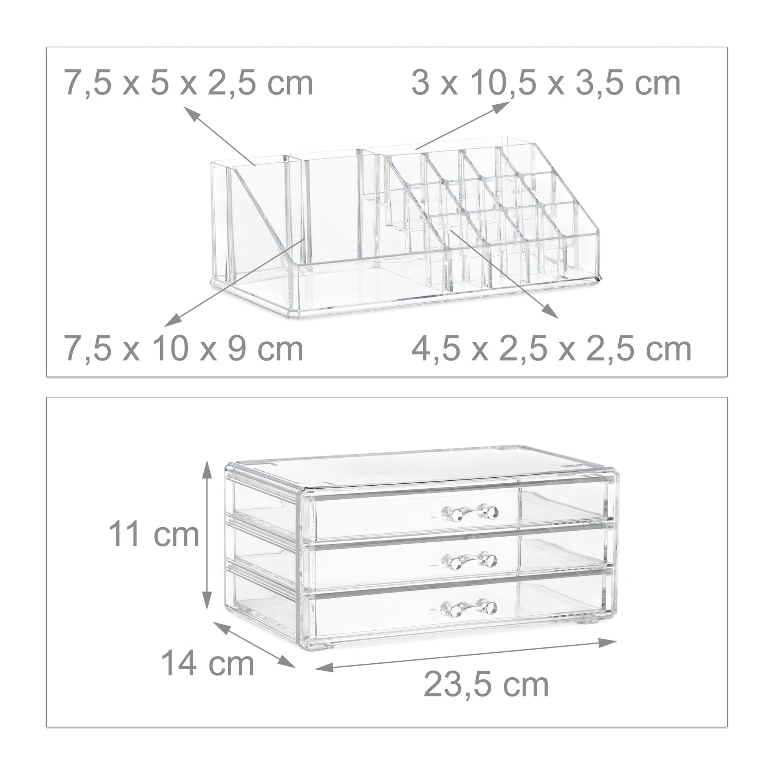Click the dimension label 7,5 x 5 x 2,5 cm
tap(189, 83)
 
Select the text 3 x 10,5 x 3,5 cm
tap(546, 83)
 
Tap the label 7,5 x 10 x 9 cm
tap(184, 349)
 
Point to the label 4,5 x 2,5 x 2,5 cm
tap(551, 349)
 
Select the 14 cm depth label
tap(207, 664)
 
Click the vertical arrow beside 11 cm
tap(207, 540)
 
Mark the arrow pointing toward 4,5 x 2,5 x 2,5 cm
tap(504, 274)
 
